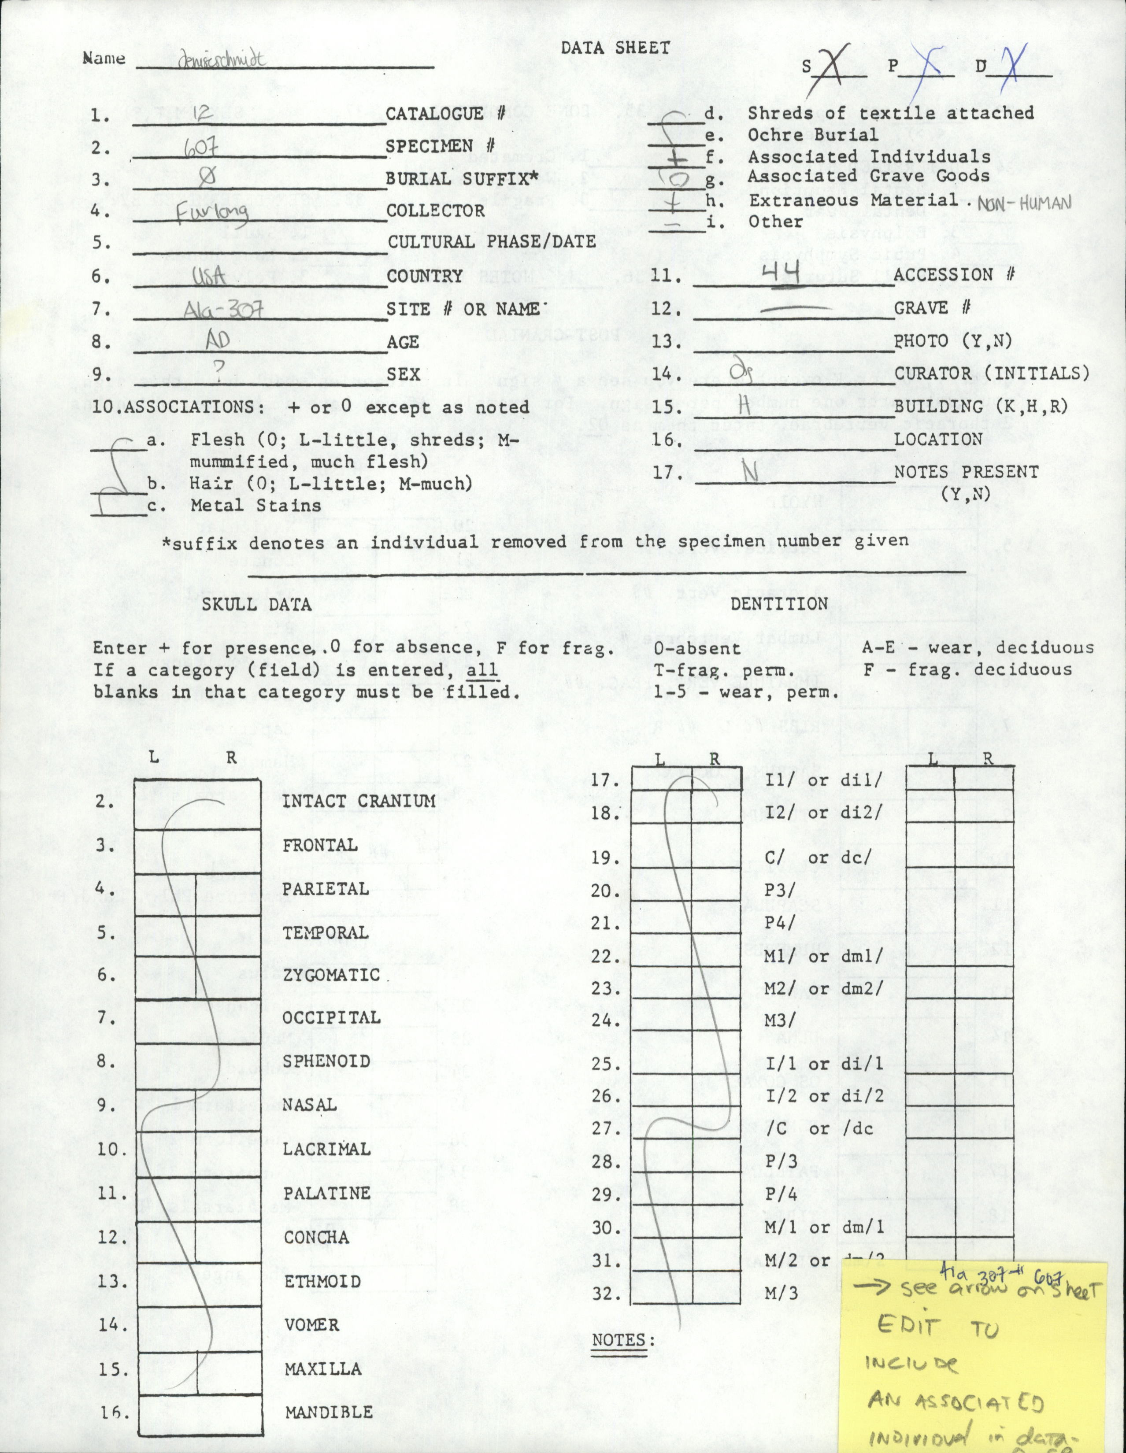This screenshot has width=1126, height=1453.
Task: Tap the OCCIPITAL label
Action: (331, 1017)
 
